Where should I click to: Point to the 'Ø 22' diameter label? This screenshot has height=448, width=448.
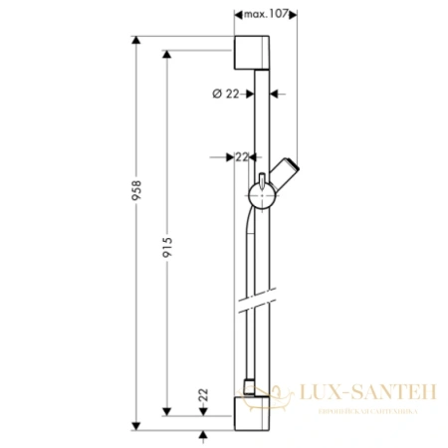click(226, 94)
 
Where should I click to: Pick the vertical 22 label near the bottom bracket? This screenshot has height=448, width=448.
click(204, 396)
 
